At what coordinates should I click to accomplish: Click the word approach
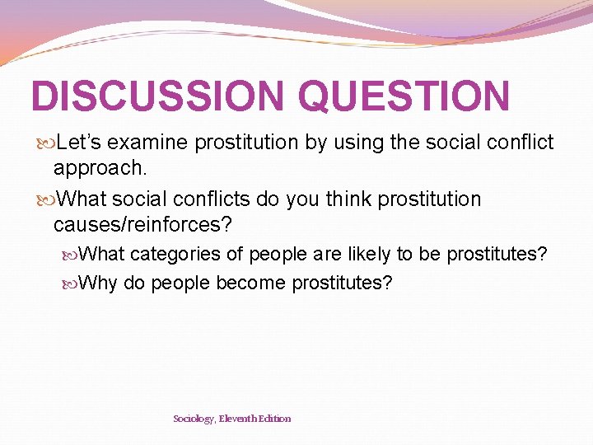coord(100,169)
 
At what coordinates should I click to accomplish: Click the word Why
coord(99,283)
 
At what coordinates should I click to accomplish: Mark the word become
coord(251,283)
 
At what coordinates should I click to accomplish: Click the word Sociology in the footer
coord(194,419)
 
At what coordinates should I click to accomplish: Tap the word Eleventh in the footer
coord(240,419)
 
